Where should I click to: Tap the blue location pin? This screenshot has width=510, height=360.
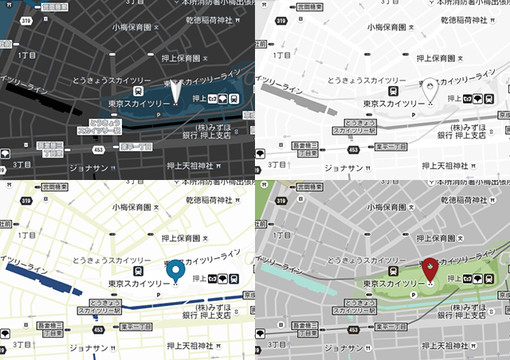point(176,270)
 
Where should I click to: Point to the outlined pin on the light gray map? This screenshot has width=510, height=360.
point(430,89)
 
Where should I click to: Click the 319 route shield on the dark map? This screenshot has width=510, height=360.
point(26,20)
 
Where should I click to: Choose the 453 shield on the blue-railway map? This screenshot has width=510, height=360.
point(97,328)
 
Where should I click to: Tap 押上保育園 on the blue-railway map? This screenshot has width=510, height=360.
point(184,238)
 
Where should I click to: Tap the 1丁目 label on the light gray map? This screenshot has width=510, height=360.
point(282,56)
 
